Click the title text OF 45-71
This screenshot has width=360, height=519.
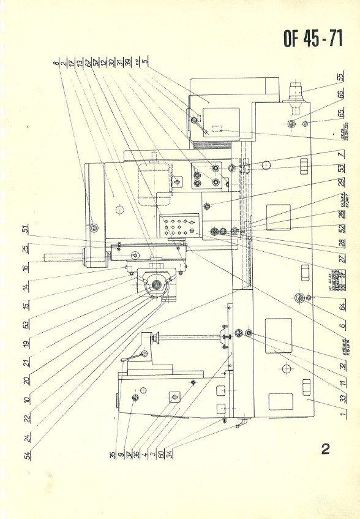click(312, 39)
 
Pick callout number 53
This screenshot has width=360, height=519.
click(340, 167)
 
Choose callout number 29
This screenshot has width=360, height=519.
click(340, 183)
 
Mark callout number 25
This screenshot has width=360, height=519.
click(26, 248)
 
